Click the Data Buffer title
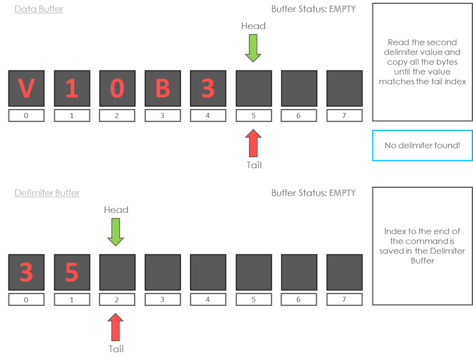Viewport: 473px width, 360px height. point(39,9)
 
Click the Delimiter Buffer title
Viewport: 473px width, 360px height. point(47,193)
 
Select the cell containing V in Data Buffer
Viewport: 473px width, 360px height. point(26,88)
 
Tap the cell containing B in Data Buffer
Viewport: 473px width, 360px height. point(163,88)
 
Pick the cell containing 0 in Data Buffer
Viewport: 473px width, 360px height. point(117,88)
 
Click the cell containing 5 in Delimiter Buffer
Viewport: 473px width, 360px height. point(71,272)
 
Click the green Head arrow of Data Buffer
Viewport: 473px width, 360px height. point(253,48)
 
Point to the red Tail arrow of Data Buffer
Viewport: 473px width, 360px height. point(253,142)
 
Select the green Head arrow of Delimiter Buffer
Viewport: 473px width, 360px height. point(116,232)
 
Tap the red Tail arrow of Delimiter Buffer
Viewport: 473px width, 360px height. point(116,326)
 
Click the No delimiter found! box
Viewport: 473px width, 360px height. point(422,145)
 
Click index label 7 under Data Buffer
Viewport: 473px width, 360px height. point(345,115)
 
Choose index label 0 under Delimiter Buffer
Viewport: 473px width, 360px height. point(26,300)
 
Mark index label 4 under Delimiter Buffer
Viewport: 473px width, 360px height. point(208,300)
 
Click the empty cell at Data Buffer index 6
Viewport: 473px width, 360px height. point(299,88)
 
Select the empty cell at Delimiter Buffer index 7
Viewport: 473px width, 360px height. point(345,272)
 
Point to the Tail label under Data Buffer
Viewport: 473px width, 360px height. point(254,165)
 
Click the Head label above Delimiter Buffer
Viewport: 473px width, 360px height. point(116,210)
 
